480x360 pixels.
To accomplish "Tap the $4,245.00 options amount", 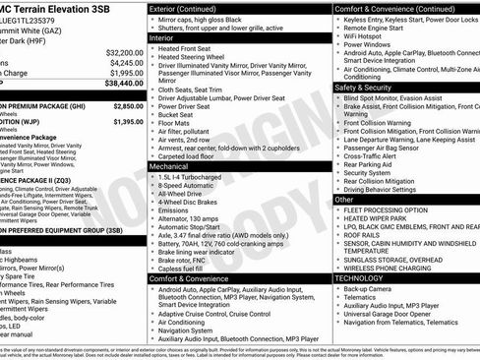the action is [x=122, y=62].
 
